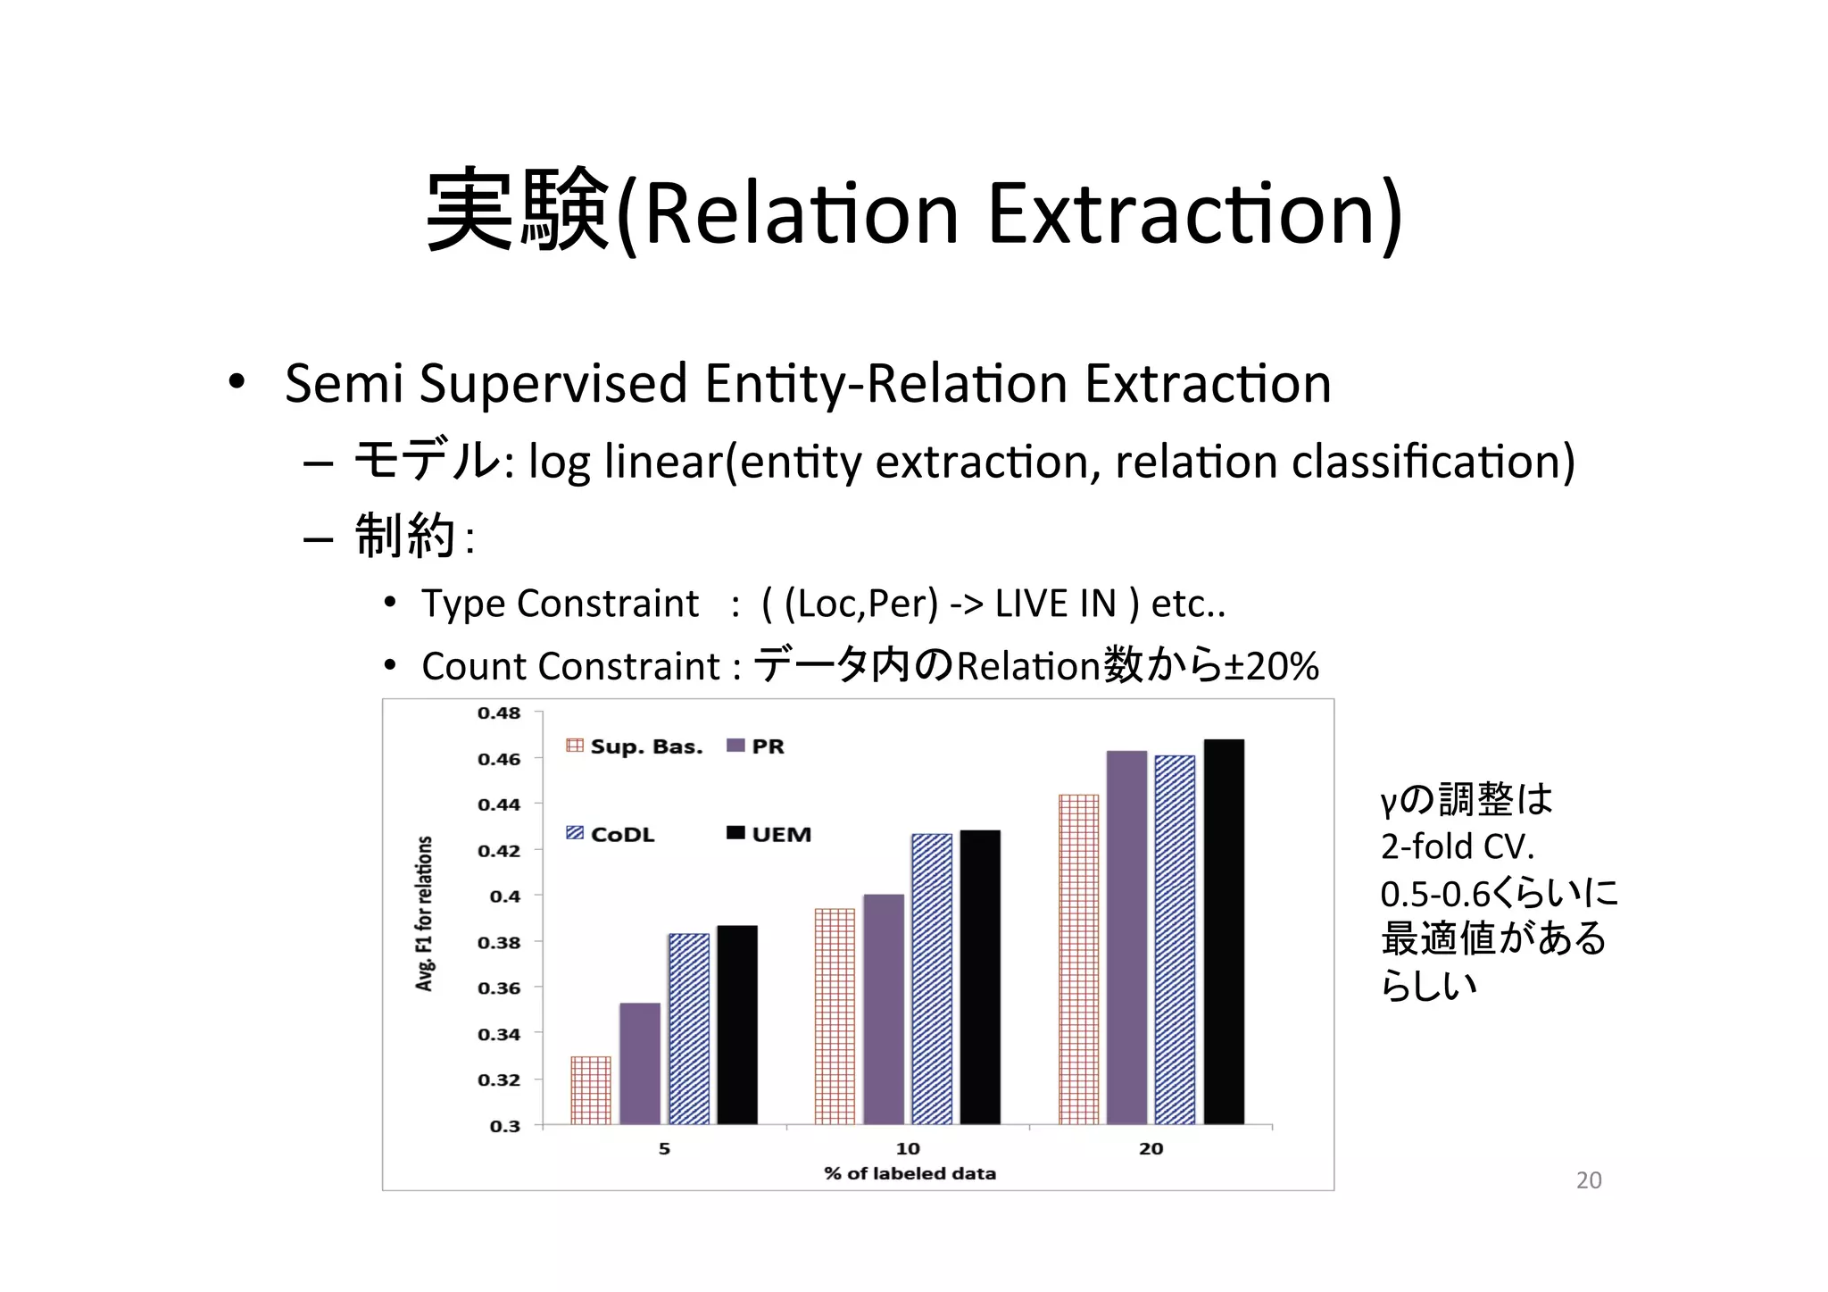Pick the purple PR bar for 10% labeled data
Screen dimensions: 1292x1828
click(884, 1009)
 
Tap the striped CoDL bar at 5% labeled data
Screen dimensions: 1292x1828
click(689, 1029)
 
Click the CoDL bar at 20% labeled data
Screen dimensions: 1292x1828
click(1175, 939)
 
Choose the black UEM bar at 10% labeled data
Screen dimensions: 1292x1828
click(980, 977)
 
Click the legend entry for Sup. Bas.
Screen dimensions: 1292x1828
click(636, 746)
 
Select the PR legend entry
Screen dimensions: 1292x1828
click(757, 746)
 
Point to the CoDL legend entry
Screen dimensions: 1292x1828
click(611, 834)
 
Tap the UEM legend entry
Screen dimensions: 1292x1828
click(770, 834)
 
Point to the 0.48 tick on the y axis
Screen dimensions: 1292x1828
click(499, 713)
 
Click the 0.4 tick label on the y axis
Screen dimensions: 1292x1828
click(505, 896)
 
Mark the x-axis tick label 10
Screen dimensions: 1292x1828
click(908, 1148)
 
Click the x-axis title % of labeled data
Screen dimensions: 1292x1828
click(910, 1173)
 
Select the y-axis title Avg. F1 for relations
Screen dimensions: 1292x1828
click(425, 913)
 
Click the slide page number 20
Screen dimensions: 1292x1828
click(1589, 1179)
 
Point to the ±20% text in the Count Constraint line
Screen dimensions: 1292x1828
click(1271, 666)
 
